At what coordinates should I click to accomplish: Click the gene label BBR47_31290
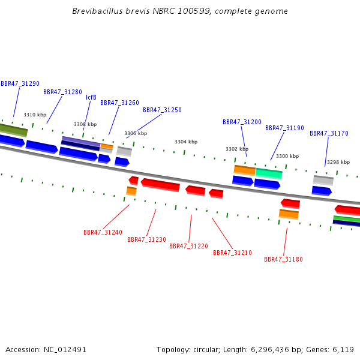(20, 83)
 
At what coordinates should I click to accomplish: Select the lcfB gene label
(91, 97)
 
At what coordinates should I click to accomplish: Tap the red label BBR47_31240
(103, 232)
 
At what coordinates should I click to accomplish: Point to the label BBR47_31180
(284, 259)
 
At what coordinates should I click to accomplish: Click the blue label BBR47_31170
(329, 133)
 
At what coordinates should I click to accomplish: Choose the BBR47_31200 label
(242, 122)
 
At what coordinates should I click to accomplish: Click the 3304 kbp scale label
(186, 142)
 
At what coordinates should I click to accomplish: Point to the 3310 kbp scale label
(35, 115)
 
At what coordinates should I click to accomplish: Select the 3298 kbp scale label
(338, 162)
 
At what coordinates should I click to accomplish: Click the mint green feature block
(269, 173)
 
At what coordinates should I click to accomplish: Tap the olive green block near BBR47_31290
(14, 130)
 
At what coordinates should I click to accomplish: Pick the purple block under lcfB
(81, 141)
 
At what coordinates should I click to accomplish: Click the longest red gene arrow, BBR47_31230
(160, 185)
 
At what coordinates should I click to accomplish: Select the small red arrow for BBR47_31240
(134, 181)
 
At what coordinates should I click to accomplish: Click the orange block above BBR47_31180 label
(289, 214)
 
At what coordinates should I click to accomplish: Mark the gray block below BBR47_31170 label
(323, 181)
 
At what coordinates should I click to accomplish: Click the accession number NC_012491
(65, 350)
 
